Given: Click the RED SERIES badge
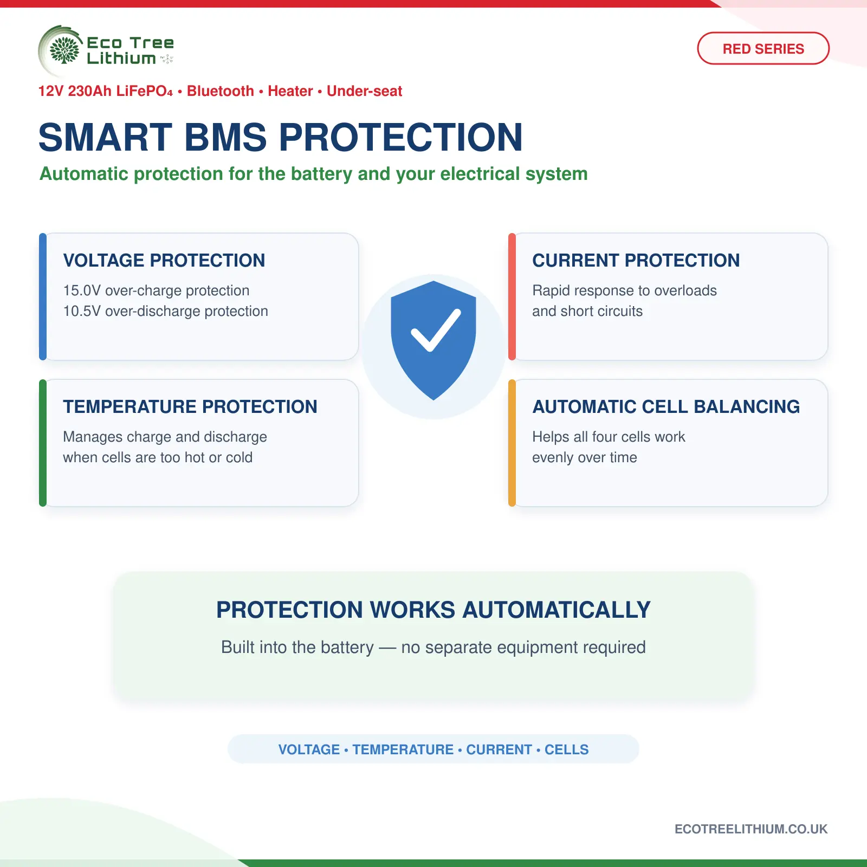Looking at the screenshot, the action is [x=763, y=48].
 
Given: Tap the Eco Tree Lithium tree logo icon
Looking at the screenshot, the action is [x=64, y=50].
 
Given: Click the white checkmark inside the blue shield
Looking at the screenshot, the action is [x=436, y=330].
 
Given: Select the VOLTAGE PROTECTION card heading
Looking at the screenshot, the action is [x=164, y=260].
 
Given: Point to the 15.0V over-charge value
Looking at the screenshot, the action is [x=82, y=290].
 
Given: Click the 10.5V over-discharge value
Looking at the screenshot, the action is [x=82, y=311].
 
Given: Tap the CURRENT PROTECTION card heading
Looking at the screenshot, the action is [x=636, y=260].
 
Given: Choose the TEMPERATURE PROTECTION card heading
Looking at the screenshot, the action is [x=190, y=406].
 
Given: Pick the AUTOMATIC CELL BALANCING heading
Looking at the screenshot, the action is [x=666, y=406].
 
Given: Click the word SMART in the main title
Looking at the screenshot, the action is [x=105, y=137].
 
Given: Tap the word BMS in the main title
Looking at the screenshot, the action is [x=226, y=137].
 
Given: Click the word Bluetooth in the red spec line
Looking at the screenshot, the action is [x=221, y=91].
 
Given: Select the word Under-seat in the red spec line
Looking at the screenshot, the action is [x=364, y=91].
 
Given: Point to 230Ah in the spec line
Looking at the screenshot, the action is [x=90, y=91].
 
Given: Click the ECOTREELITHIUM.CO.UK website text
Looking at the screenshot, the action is [x=751, y=829].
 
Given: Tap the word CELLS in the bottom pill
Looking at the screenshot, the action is [x=566, y=749].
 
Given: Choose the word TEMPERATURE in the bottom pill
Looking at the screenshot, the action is [x=403, y=749].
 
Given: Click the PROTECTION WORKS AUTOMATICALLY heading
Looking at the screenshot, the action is [x=433, y=610].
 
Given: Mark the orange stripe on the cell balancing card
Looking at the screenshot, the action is [x=512, y=443].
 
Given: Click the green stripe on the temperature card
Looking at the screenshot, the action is [x=43, y=443].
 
